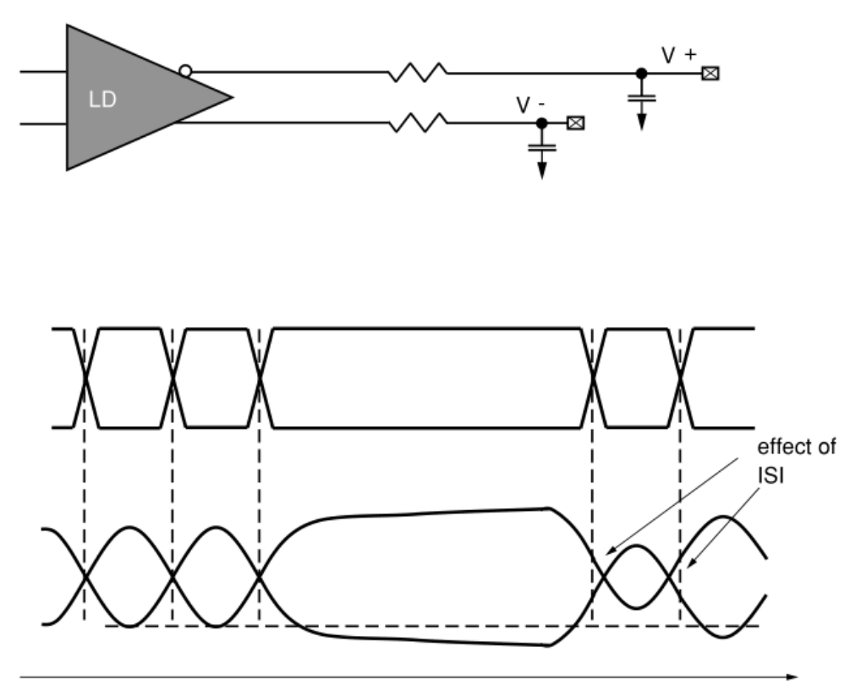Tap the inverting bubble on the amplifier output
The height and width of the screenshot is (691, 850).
[185, 72]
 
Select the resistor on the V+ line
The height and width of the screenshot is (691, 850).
[419, 74]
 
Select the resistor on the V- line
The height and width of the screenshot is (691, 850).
[419, 123]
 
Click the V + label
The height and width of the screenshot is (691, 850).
[679, 55]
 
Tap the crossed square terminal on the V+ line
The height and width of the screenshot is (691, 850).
[711, 74]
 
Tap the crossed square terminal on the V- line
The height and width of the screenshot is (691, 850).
[577, 123]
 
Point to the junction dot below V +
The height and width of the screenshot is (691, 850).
[642, 74]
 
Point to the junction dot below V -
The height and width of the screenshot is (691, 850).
[542, 123]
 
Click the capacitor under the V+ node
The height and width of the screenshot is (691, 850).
[642, 96]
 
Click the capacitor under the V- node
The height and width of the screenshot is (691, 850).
[542, 145]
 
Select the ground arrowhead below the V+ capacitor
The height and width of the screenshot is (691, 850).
[642, 122]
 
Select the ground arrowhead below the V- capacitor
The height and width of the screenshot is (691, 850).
[542, 172]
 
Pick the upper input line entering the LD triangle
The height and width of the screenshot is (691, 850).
[42, 73]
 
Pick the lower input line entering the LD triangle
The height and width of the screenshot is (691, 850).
[42, 123]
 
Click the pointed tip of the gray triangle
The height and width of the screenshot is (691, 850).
[230, 96]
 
